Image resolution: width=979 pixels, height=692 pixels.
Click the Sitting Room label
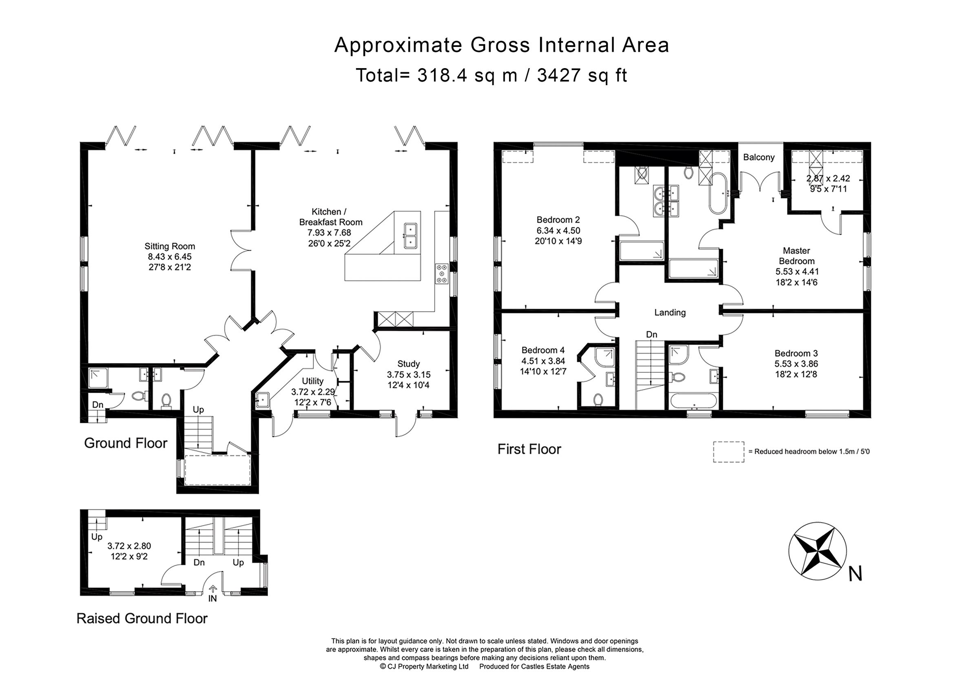pos(170,246)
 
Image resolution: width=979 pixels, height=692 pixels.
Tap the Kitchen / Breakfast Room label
pos(330,217)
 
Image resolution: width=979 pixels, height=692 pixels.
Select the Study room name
pos(408,364)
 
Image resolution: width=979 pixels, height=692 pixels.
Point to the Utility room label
pos(312,381)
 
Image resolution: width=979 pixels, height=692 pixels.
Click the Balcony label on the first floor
pos(759,157)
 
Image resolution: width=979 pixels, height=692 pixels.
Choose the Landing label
pos(670,312)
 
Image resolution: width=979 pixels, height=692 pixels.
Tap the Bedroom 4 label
pos(543,350)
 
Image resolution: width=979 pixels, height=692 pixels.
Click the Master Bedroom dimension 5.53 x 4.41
pos(797,272)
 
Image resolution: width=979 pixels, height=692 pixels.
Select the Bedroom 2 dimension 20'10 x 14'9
pos(558,241)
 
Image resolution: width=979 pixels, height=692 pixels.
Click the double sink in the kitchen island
pos(411,235)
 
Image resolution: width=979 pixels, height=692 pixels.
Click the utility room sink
pos(263,400)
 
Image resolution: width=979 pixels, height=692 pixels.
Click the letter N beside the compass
pos(855,573)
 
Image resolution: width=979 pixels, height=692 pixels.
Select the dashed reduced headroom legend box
pos(729,452)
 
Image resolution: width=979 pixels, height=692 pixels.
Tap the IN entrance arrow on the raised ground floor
pos(213,589)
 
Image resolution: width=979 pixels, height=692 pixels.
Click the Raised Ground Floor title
pos(142,618)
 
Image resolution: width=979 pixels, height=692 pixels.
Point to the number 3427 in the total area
pos(559,75)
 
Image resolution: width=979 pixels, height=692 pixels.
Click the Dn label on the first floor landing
pos(651,335)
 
